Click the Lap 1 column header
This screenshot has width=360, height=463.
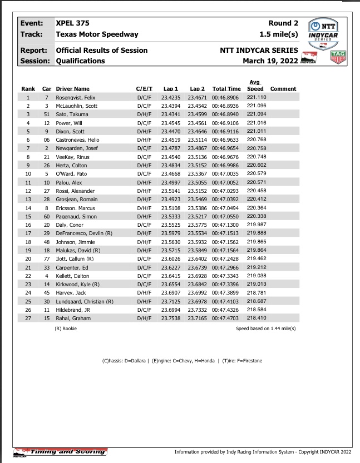[x=170, y=89]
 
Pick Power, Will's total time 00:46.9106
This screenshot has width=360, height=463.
[x=226, y=122]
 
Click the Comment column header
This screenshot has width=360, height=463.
[x=283, y=89]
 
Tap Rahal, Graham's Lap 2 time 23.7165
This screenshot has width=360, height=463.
[x=197, y=318]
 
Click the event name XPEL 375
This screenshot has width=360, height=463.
[x=72, y=23]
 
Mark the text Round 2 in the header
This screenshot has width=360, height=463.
[x=283, y=23]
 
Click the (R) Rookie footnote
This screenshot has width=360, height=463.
[x=66, y=329]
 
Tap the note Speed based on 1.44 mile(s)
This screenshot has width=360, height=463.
[x=265, y=329]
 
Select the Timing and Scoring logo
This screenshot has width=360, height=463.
[x=60, y=451]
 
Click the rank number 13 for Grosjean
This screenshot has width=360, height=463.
[x=28, y=198]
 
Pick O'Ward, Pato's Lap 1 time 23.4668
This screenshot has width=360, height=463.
[x=170, y=173]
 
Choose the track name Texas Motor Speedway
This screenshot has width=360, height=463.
[x=97, y=34]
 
